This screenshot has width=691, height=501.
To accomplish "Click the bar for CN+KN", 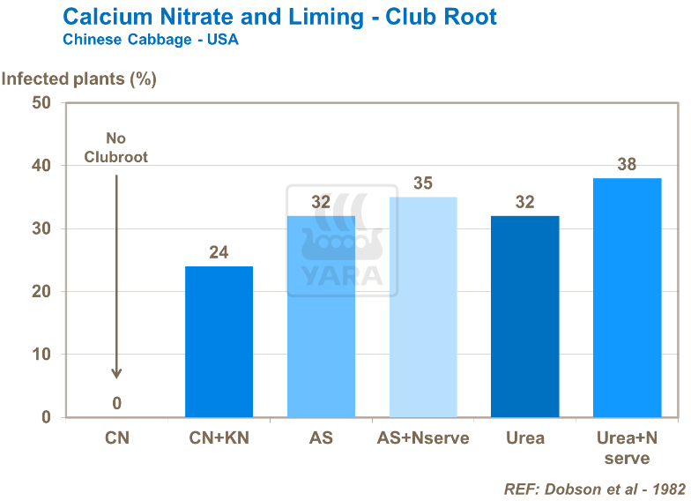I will click(219, 341).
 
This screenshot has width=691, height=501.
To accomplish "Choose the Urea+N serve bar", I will click(627, 297).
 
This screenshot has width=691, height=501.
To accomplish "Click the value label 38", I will click(627, 165).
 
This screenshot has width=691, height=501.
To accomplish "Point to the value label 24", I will click(219, 253).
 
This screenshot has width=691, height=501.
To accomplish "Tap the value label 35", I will click(423, 183).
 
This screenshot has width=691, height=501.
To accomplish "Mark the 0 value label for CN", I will click(116, 404).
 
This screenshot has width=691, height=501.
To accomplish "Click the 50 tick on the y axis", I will click(41, 103).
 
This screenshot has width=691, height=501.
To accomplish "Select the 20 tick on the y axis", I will click(41, 292).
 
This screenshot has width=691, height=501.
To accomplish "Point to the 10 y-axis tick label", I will click(41, 355).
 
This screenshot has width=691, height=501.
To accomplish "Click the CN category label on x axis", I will click(116, 437).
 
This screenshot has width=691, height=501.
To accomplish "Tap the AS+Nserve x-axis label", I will click(423, 437).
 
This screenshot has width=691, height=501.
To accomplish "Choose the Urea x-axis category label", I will click(525, 437).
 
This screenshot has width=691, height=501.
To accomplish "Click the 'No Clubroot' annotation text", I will click(116, 147).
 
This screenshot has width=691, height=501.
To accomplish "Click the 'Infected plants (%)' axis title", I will click(79, 79).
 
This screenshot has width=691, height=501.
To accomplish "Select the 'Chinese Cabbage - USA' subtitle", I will click(150, 40).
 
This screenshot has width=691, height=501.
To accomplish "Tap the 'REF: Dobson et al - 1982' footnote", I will click(594, 488).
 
